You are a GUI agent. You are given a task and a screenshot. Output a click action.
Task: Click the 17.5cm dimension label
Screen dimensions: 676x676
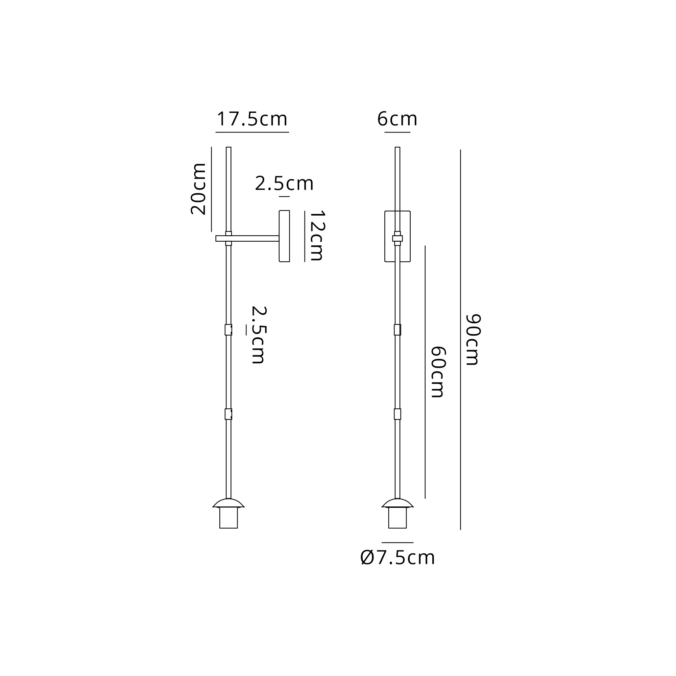tap(252, 119)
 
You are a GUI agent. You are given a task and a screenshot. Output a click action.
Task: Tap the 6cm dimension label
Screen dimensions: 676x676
tap(397, 119)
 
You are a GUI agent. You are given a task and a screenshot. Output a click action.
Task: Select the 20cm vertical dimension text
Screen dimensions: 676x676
tap(198, 189)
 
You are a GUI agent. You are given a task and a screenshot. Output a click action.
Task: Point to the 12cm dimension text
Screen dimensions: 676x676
tap(317, 236)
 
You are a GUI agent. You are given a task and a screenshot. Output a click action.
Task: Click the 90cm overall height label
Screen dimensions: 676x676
tap(473, 340)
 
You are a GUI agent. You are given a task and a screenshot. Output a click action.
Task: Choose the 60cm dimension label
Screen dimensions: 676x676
tap(438, 372)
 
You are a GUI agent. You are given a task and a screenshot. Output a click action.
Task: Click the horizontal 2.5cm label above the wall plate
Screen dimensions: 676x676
tap(284, 184)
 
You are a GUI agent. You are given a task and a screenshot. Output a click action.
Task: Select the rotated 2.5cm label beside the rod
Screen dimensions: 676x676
tap(259, 335)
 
